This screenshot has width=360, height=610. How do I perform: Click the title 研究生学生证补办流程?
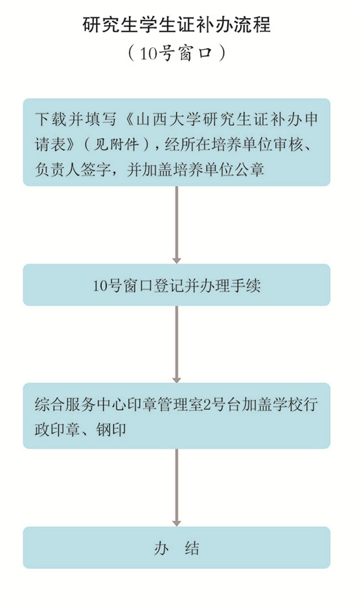pyautogui.click(x=177, y=25)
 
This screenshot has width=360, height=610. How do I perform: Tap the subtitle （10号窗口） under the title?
pyautogui.click(x=177, y=54)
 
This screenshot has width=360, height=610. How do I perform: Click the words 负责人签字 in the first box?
pyautogui.click(x=73, y=170)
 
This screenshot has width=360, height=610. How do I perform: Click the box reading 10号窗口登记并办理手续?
pyautogui.click(x=177, y=285)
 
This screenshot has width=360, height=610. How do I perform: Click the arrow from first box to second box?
pyautogui.click(x=177, y=225)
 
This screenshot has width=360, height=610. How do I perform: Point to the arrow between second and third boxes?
pyautogui.click(x=177, y=344)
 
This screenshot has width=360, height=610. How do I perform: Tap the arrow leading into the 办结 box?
pyautogui.click(x=177, y=487)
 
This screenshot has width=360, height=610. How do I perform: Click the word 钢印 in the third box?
pyautogui.click(x=111, y=429)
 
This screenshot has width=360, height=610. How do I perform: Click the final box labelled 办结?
pyautogui.click(x=177, y=548)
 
